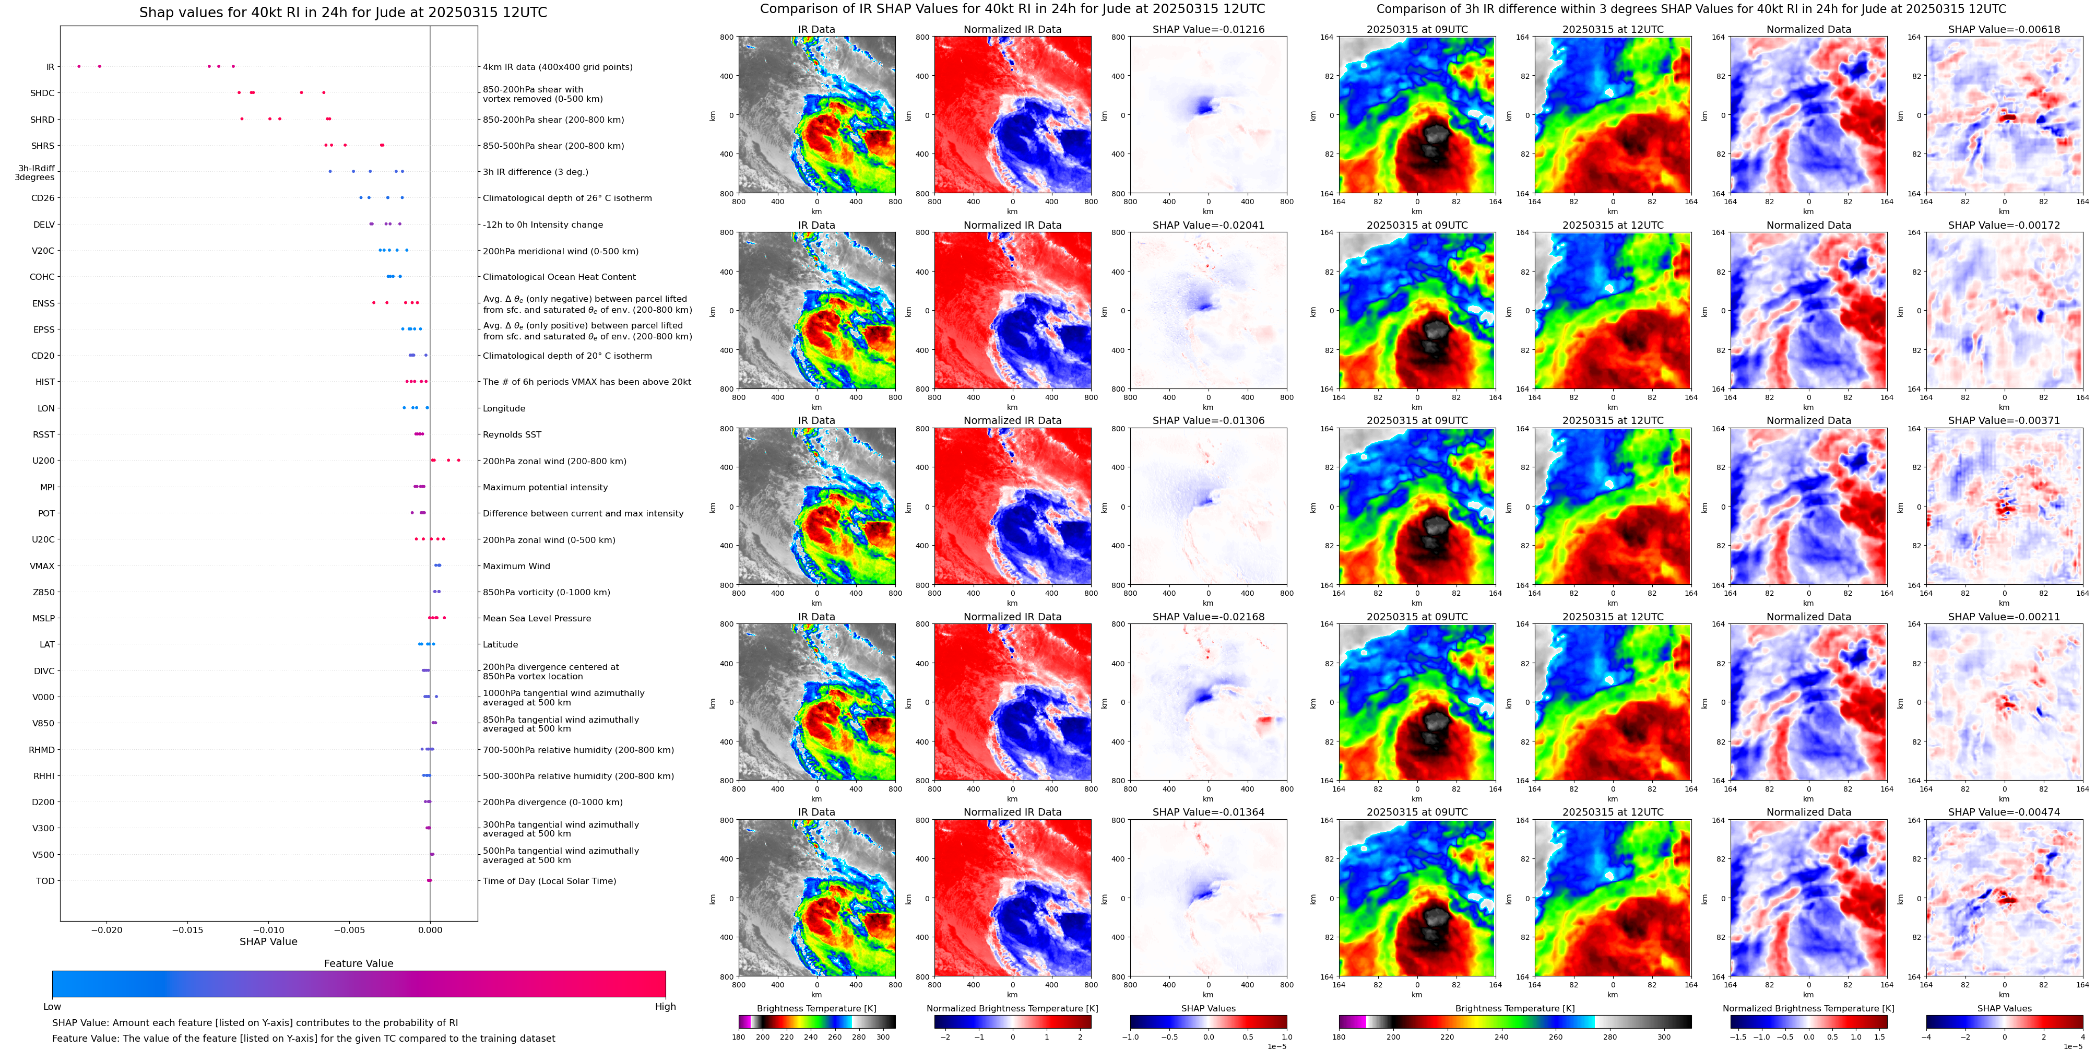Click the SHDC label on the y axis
click(42, 93)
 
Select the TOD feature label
click(45, 881)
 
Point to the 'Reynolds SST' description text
click(512, 434)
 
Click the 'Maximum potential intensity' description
click(545, 488)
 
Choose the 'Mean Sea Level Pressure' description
click(537, 619)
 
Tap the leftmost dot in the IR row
click(79, 66)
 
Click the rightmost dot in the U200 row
click(459, 461)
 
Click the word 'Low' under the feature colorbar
click(52, 1007)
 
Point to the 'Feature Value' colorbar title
click(359, 963)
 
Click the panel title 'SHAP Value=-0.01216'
click(1209, 29)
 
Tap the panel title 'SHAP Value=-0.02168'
click(1209, 617)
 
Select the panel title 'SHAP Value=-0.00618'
click(2004, 29)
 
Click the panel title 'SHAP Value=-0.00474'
click(2004, 812)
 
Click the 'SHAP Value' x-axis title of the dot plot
click(268, 941)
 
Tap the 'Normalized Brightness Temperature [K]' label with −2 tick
click(1012, 1008)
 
